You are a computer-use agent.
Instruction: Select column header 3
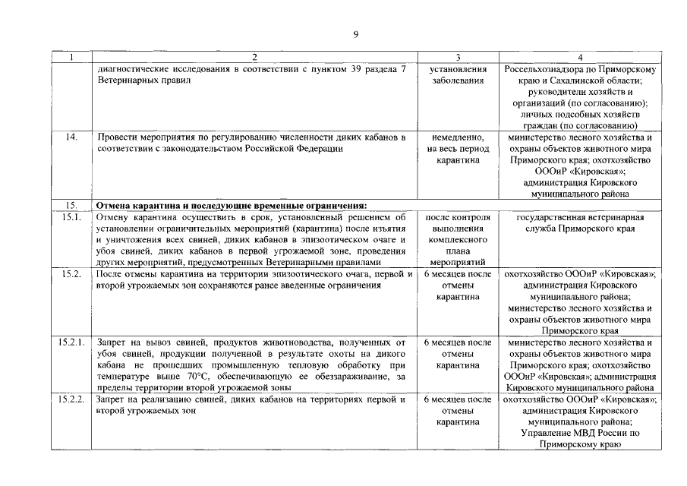tap(458, 57)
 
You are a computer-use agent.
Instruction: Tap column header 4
tap(580, 57)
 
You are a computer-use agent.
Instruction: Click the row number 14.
tap(72, 137)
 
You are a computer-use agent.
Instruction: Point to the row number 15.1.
tap(72, 218)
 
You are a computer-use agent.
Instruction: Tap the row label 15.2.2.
tap(72, 399)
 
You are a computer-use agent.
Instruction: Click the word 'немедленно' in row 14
tap(457, 137)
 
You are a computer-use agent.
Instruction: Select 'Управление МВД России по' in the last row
tap(580, 433)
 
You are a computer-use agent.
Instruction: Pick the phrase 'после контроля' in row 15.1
tap(457, 218)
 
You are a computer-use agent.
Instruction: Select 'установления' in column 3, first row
tap(457, 68)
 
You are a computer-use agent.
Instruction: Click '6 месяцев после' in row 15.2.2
tap(457, 399)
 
